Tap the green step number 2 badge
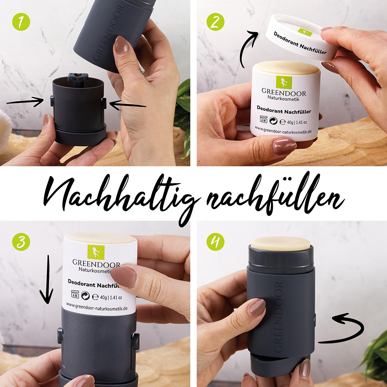215,22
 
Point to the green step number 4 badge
215,242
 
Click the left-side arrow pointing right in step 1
25,102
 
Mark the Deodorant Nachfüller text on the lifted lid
300,43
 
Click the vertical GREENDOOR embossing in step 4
278,317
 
